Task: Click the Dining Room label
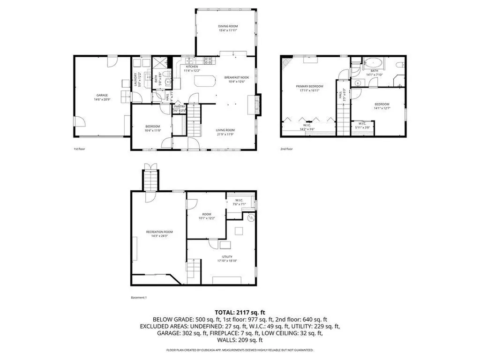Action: tap(226, 26)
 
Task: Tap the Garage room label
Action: tap(102, 95)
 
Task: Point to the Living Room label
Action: tap(225, 130)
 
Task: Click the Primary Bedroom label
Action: tap(309, 86)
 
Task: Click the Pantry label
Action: tap(180, 106)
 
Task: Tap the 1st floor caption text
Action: tap(79, 149)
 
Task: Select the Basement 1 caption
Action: tap(139, 297)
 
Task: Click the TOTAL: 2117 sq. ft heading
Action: tap(240, 312)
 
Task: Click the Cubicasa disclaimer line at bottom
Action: tap(240, 350)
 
